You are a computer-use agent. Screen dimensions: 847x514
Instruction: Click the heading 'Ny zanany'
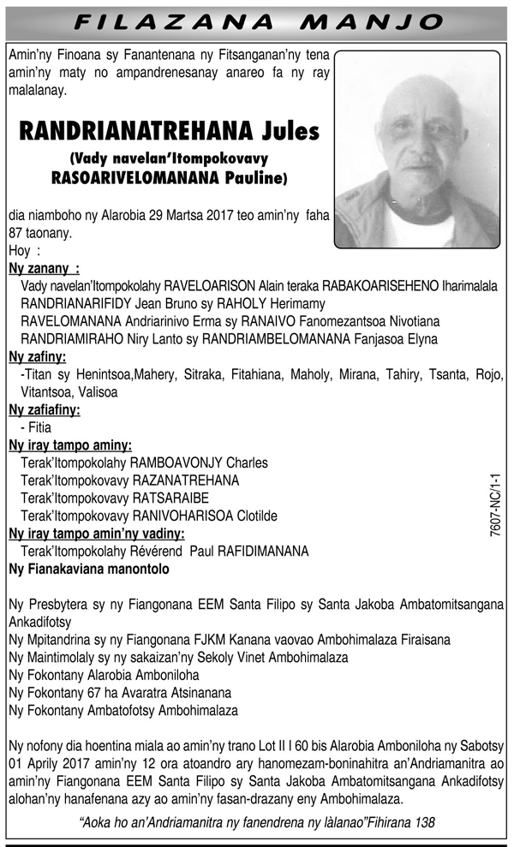[39, 269]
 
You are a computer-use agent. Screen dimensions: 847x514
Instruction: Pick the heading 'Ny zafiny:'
[37, 357]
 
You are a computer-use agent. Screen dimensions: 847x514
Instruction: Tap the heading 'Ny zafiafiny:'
[44, 410]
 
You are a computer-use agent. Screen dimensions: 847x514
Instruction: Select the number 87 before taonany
[16, 233]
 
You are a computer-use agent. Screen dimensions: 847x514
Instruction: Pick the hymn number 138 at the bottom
[423, 822]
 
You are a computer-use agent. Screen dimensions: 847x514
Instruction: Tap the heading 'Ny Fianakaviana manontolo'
[89, 569]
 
